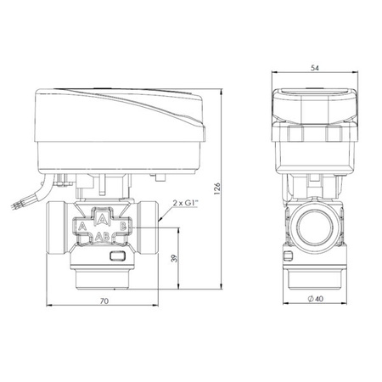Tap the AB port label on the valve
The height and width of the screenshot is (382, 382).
(102, 239)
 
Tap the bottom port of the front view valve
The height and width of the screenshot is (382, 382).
(103, 276)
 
